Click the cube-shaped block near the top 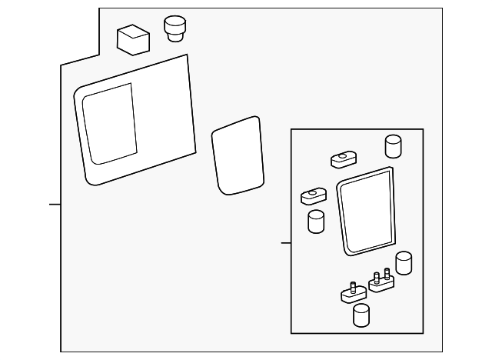coord(133,38)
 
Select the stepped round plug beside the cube coord(176,29)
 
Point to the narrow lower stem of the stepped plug coord(176,36)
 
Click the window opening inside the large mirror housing coord(110,125)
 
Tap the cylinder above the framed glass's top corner coord(393,145)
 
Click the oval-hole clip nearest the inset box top coord(341,160)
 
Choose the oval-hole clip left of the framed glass coord(313,195)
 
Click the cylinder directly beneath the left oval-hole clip coord(315,222)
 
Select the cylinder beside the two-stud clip coord(403,263)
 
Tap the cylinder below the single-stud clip coord(360,315)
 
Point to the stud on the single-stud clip coord(351,287)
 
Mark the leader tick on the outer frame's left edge coord(55,204)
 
